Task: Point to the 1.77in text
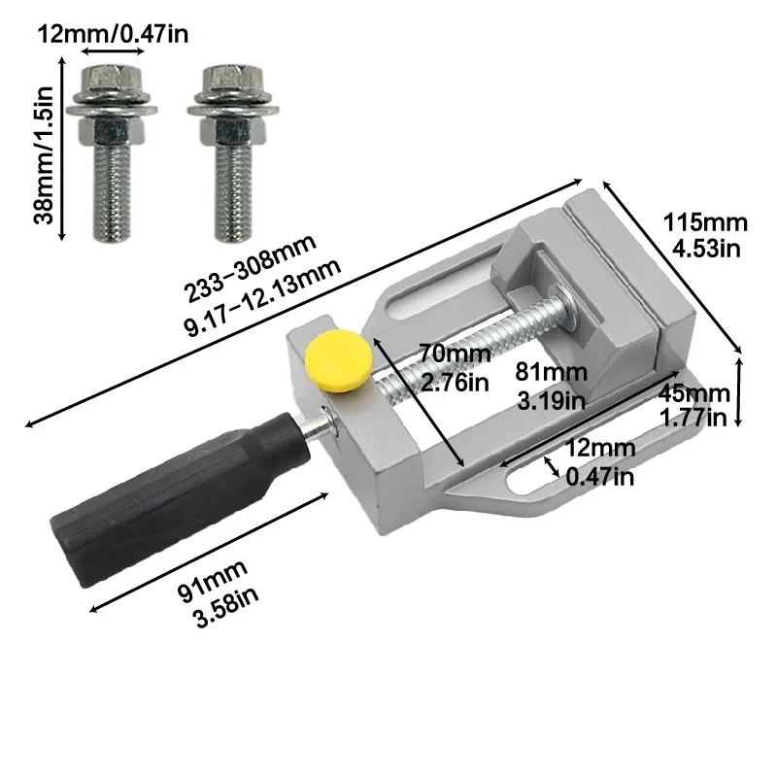[693, 419]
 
